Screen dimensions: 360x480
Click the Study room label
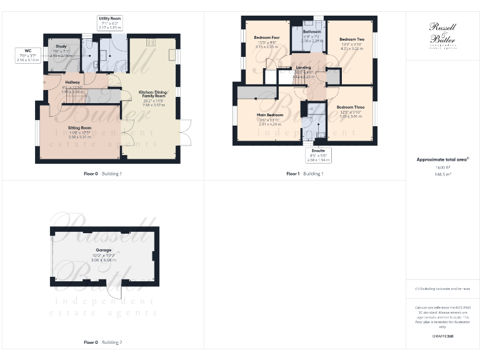[61, 46]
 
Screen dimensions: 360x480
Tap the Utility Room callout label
[110, 22]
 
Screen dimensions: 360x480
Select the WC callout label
[27, 56]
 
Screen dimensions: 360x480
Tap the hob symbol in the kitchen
[150, 43]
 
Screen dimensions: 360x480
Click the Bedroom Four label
[266, 37]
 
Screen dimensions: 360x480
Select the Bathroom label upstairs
[312, 31]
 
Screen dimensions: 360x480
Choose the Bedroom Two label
[351, 39]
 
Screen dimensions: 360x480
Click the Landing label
[303, 67]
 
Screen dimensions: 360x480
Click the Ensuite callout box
[318, 155]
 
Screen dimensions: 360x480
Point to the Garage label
[104, 250]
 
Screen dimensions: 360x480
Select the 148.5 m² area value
[442, 175]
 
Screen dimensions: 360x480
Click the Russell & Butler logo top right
[442, 34]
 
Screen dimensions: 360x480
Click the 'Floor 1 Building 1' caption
[305, 173]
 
